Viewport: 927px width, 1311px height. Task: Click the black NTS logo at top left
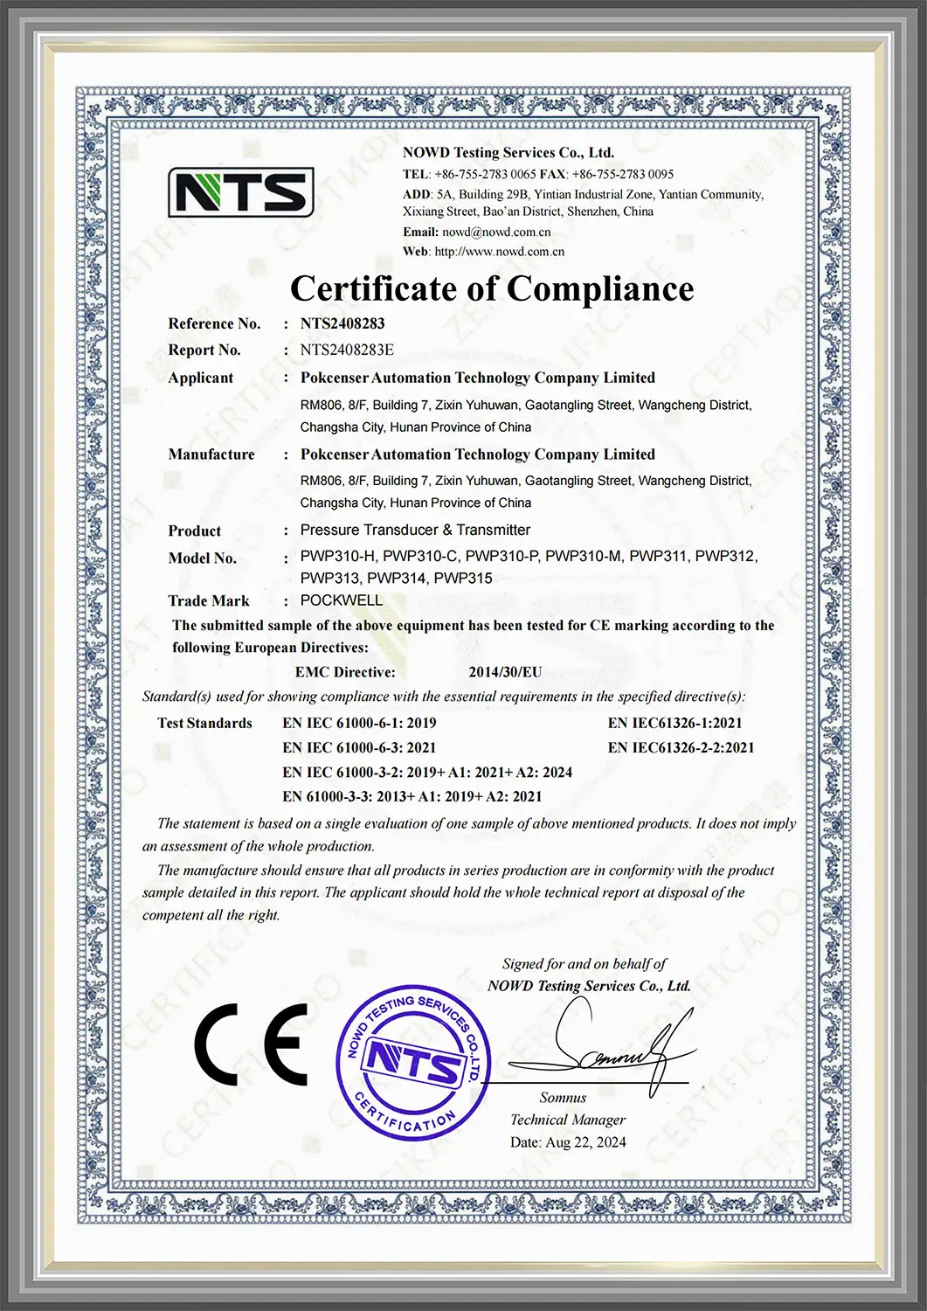(240, 192)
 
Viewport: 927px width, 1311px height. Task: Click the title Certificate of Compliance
(492, 288)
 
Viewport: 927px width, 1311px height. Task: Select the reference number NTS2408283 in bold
(342, 323)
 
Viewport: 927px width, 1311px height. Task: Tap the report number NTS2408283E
(347, 350)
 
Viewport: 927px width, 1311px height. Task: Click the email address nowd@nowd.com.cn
(496, 232)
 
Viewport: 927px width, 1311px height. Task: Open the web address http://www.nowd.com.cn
(499, 252)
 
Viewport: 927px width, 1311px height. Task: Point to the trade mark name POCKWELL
(342, 600)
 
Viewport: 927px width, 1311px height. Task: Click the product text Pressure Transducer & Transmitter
(415, 530)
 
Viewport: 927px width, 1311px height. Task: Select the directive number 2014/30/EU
(505, 672)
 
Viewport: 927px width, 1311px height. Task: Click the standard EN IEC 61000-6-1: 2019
(359, 723)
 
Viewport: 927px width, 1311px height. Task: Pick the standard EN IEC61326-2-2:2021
(681, 747)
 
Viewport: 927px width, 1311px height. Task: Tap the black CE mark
(251, 1044)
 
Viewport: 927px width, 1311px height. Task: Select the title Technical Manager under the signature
(568, 1120)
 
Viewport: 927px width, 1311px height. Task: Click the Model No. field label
(202, 558)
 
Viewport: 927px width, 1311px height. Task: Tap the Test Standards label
(204, 723)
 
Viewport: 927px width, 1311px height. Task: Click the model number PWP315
(463, 579)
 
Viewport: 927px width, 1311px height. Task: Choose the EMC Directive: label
(345, 672)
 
